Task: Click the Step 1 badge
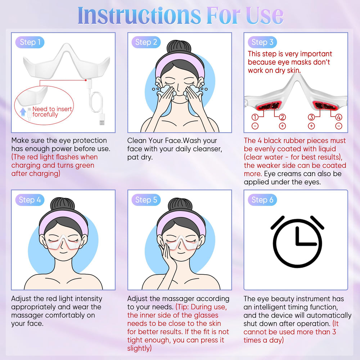tap(30, 42)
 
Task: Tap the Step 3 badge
tap(262, 42)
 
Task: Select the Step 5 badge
tap(146, 200)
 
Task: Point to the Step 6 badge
tap(262, 200)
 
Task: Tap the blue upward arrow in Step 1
tap(23, 112)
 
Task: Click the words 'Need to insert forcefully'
tap(52, 112)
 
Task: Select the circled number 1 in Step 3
tap(255, 117)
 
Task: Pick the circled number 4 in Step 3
tap(339, 117)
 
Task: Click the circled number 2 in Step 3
tap(282, 117)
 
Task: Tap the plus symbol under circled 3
tap(311, 126)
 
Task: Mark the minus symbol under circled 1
tap(255, 126)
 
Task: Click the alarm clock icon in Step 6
tap(297, 242)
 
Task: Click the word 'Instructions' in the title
tap(139, 15)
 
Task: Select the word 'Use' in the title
tap(265, 15)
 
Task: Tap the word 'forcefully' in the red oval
tap(45, 114)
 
